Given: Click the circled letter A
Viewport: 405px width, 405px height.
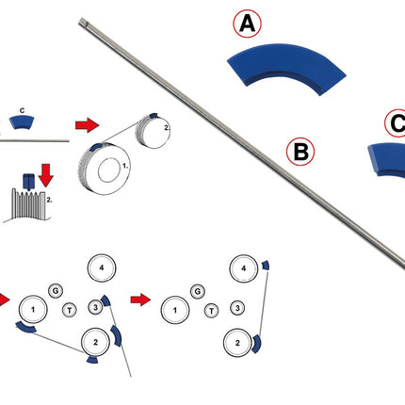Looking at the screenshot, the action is (x=247, y=24).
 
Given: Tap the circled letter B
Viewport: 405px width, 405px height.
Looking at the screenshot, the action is (x=300, y=152).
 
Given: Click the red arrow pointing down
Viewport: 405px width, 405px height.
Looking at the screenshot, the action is (x=46, y=175).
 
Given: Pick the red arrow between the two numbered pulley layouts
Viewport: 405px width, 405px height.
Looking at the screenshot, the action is (x=140, y=300).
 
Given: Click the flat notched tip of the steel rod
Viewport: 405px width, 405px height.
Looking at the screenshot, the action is (x=83, y=22).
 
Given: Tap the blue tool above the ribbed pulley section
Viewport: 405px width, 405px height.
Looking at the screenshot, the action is (x=28, y=182).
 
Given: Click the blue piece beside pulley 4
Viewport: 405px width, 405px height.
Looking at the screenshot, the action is (x=266, y=266).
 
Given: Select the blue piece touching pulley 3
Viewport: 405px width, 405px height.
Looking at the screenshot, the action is (x=105, y=300).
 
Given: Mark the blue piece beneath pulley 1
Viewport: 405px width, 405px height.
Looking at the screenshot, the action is (x=25, y=328).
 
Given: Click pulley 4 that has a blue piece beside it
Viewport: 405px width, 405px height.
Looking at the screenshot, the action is (x=243, y=268).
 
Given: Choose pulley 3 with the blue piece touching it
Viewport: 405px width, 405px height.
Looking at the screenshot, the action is (x=95, y=307).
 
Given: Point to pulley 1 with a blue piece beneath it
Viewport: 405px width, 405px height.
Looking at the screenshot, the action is (x=33, y=310).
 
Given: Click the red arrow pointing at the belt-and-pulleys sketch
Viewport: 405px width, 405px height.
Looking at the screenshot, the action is (x=87, y=125).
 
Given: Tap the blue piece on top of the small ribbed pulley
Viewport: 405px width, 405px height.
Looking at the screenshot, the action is (x=154, y=115).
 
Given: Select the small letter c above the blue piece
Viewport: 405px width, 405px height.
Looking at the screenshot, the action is (x=22, y=110).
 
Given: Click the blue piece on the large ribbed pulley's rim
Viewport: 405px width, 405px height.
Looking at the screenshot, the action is (x=96, y=146).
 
